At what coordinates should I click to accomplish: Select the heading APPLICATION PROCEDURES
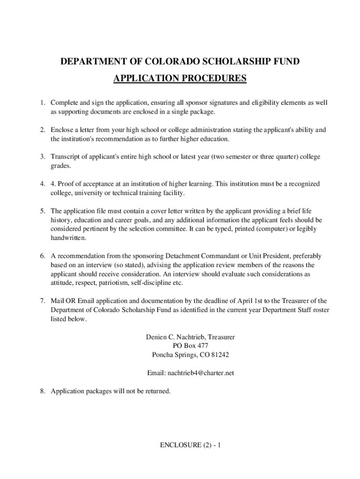[180, 78]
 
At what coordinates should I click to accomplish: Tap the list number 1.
[42, 102]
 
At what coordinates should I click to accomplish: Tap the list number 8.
[42, 391]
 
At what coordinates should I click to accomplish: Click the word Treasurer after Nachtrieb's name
[221, 337]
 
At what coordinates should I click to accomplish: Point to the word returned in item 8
[155, 391]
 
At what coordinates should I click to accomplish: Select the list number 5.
[42, 211]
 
